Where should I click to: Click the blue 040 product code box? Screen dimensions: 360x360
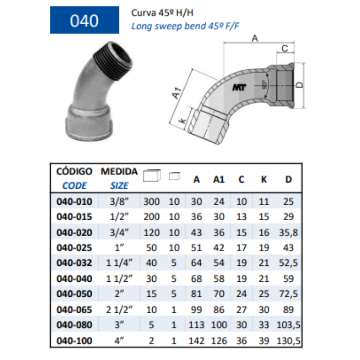click(84, 21)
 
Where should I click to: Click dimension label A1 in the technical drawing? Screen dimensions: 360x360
click(177, 94)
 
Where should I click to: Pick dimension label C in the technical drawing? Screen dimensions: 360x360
click(284, 48)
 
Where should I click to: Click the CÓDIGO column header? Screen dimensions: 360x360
click(74, 171)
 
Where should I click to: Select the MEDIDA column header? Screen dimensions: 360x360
click(119, 171)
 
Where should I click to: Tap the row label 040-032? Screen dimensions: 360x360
click(74, 263)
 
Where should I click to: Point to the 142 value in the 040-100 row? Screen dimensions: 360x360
click(197, 340)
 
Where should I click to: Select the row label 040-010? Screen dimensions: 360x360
click(74, 202)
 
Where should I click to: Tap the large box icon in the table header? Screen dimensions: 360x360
click(152, 176)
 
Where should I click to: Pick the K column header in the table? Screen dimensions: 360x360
click(264, 179)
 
